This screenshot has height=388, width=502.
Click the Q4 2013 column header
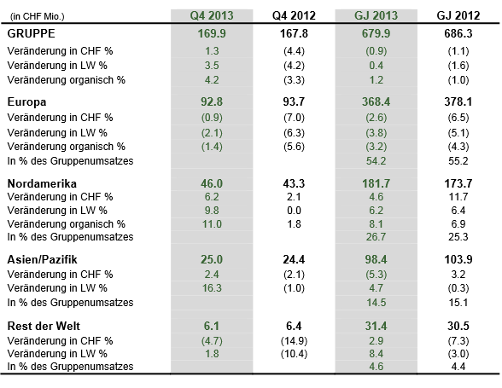pyautogui.click(x=212, y=15)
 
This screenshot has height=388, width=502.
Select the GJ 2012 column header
pyautogui.click(x=458, y=15)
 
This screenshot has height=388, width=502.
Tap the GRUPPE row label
pyautogui.click(x=31, y=33)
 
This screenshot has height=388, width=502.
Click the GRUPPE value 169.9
pyautogui.click(x=212, y=33)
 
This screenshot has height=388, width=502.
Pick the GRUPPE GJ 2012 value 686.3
pyautogui.click(x=458, y=33)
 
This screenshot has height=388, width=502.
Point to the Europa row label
pyautogui.click(x=27, y=102)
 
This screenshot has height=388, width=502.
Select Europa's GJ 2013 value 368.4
pyautogui.click(x=376, y=102)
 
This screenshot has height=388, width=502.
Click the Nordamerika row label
pyautogui.click(x=42, y=183)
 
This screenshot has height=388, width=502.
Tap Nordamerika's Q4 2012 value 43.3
pyautogui.click(x=294, y=183)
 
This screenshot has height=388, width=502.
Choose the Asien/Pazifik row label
pyautogui.click(x=43, y=259)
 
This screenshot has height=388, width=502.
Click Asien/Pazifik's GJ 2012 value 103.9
pyautogui.click(x=458, y=259)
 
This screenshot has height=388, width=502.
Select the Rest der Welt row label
pyautogui.click(x=44, y=326)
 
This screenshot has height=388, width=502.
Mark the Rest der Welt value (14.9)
pyautogui.click(x=294, y=341)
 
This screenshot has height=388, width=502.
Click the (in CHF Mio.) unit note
pyautogui.click(x=38, y=16)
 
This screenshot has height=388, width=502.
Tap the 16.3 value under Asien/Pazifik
pyautogui.click(x=212, y=288)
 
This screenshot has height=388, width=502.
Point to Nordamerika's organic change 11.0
pyautogui.click(x=212, y=224)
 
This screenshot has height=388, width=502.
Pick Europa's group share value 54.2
pyautogui.click(x=376, y=161)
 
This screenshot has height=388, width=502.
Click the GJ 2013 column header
pyautogui.click(x=376, y=15)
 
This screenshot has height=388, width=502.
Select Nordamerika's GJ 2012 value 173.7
pyautogui.click(x=458, y=183)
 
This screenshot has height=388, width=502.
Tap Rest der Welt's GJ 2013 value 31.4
pyautogui.click(x=376, y=326)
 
